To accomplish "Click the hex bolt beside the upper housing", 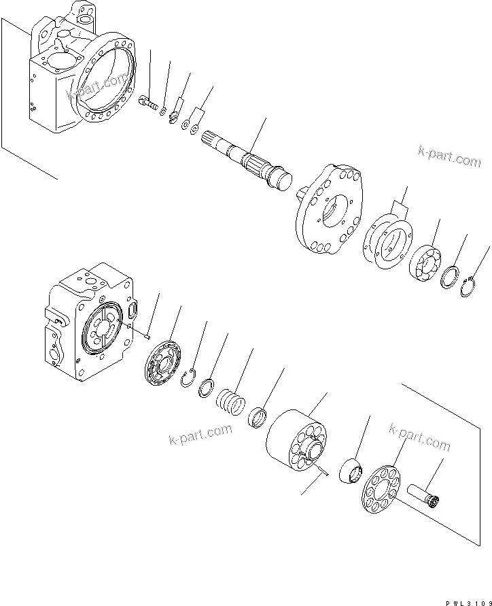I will pos(149,104).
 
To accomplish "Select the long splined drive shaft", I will pos(249,164).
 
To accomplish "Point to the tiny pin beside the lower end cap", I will pos(146,333).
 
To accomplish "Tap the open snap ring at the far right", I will pos(467,288).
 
